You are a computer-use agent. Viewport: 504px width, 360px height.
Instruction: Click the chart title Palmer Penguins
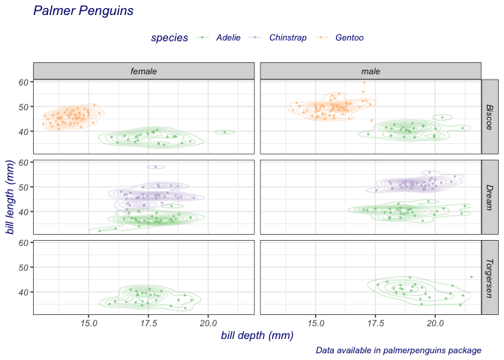pos(83,11)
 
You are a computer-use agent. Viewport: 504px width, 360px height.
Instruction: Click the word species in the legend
pos(169,38)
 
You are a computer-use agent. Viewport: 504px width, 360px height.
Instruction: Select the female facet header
pos(143,70)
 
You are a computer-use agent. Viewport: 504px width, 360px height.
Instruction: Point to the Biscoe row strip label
pos(489,116)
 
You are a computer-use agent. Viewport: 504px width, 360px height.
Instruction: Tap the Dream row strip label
pos(489,196)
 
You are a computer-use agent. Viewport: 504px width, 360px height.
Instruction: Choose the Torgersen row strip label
pos(489,277)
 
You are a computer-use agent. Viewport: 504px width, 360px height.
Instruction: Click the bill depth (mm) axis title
pos(256,335)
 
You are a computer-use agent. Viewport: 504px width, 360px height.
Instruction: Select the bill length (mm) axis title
pos(10,196)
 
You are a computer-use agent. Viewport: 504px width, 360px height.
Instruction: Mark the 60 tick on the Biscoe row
pos(23,82)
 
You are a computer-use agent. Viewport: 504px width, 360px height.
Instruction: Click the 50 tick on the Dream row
pos(23,187)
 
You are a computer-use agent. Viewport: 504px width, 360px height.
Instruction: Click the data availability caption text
pos(398,350)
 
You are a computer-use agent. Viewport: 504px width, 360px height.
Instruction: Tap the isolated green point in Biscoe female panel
pos(224,132)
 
